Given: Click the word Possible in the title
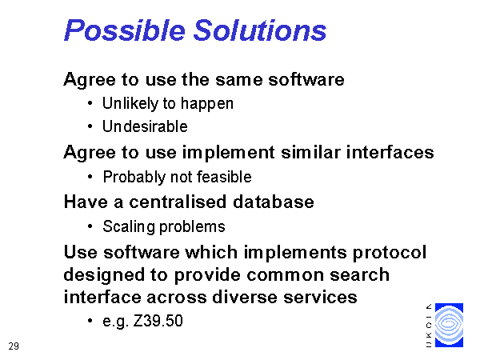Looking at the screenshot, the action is [125, 30].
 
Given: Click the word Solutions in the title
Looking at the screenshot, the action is [260, 30].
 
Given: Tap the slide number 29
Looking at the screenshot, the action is [14, 346].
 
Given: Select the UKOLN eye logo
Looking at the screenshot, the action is [449, 325].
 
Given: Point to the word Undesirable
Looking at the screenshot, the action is [145, 126].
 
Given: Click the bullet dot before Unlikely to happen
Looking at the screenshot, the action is [90, 103].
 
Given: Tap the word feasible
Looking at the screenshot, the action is [224, 177].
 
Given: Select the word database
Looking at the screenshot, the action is [274, 202].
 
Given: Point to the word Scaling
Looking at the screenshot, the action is [129, 227].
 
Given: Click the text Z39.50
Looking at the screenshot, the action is [158, 321].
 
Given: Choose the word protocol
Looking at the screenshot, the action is [390, 253].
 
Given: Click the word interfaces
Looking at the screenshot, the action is [390, 152].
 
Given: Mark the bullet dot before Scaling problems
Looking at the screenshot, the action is [90, 227].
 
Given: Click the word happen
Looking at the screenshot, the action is [207, 104].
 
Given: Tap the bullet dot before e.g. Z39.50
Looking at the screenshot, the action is [90, 321].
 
